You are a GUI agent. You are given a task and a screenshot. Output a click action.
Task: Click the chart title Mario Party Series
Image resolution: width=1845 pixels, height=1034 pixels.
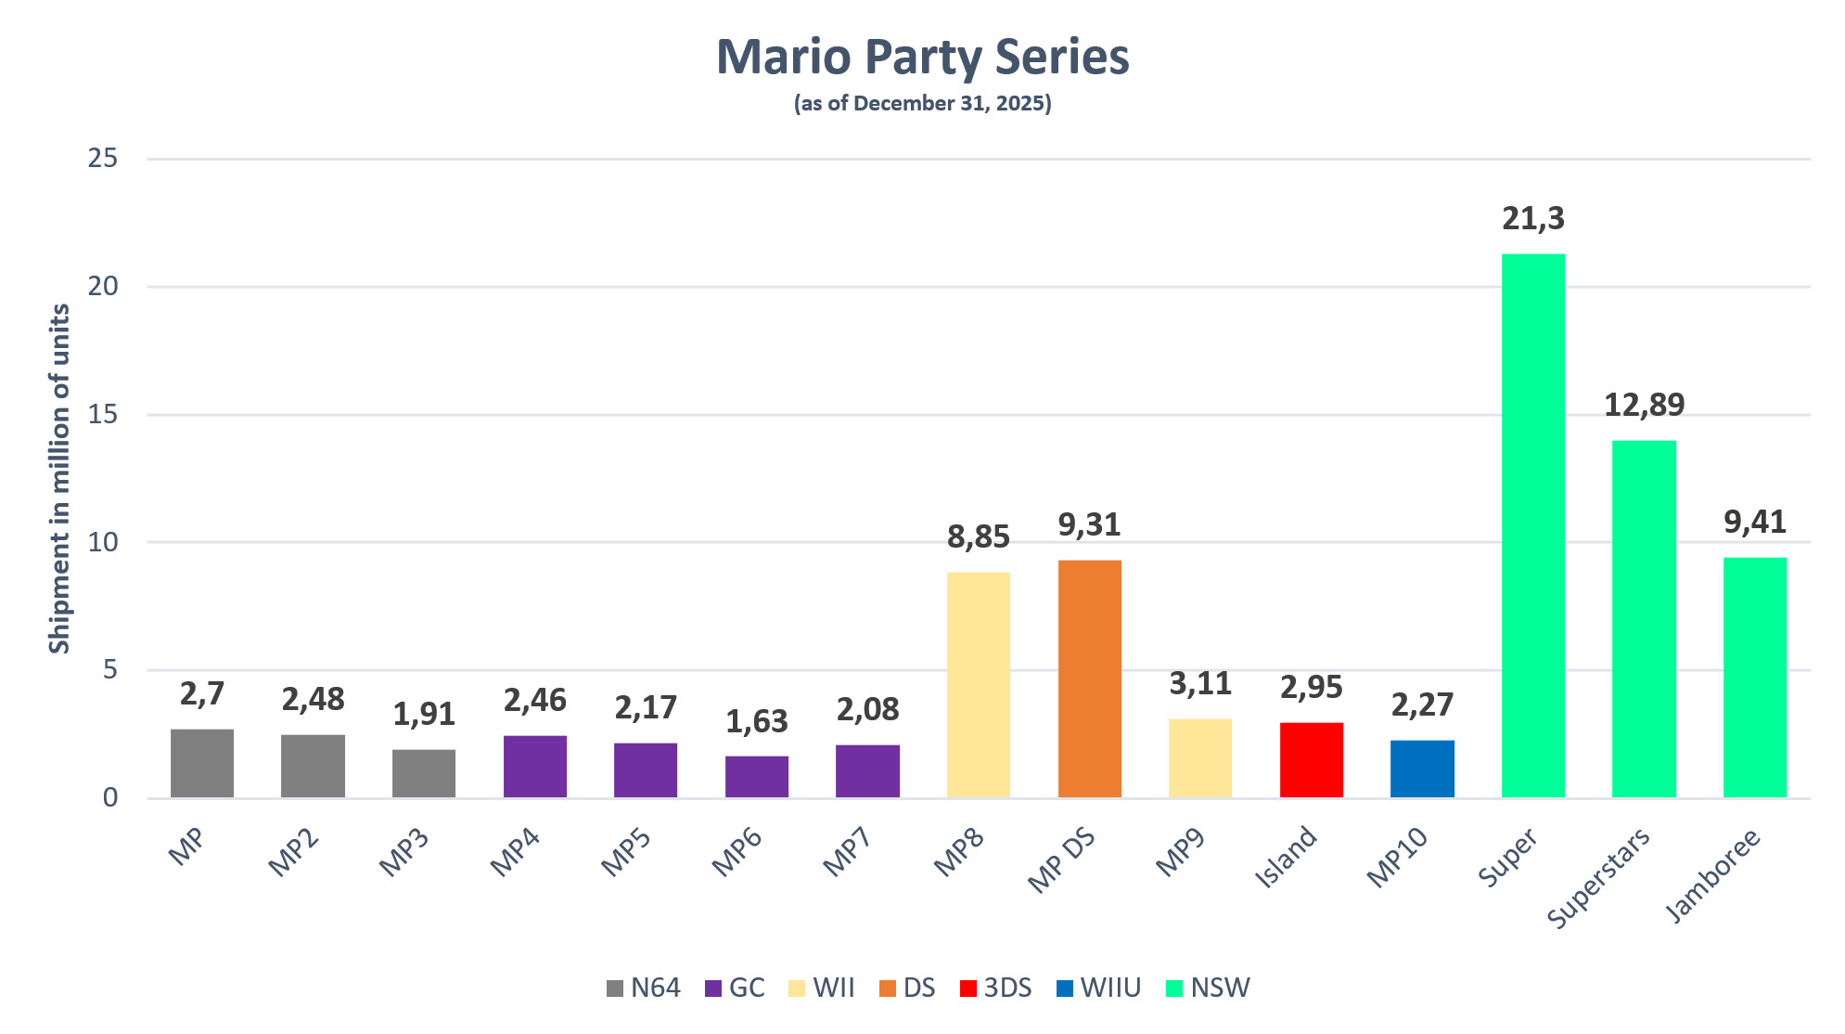pyautogui.click(x=922, y=58)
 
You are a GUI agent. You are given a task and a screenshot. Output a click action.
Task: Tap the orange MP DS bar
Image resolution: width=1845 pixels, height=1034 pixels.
pyautogui.click(x=1089, y=679)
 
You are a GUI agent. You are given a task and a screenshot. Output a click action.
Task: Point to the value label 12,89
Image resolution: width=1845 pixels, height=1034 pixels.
pyautogui.click(x=1644, y=406)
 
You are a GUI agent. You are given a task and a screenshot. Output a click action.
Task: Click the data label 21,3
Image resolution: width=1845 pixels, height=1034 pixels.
pyautogui.click(x=1532, y=219)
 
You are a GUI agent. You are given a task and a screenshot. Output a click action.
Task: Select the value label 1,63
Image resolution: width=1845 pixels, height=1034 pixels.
pyautogui.click(x=756, y=722)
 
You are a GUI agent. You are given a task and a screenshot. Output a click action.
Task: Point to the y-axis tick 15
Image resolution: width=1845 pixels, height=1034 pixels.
pyautogui.click(x=103, y=415)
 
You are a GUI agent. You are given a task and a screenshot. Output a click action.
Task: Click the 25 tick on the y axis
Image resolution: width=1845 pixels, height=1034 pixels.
pyautogui.click(x=103, y=159)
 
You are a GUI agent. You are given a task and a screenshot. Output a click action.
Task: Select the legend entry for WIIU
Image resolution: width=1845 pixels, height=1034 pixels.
pyautogui.click(x=1099, y=988)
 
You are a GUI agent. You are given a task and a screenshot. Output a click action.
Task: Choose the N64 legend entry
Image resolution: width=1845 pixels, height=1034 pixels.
pyautogui.click(x=644, y=988)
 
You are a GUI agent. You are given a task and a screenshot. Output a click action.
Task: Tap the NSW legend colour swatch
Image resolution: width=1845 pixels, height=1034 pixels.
pyautogui.click(x=1174, y=989)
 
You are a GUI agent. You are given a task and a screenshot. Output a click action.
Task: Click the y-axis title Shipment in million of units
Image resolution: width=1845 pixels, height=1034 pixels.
pyautogui.click(x=60, y=478)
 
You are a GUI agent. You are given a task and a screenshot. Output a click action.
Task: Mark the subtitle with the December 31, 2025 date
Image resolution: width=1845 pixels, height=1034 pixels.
pyautogui.click(x=922, y=103)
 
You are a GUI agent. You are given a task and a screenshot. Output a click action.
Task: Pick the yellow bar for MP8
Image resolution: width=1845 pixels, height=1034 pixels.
pyautogui.click(x=978, y=685)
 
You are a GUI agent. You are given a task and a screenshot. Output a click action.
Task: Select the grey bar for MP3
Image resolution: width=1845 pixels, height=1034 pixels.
pyautogui.click(x=424, y=773)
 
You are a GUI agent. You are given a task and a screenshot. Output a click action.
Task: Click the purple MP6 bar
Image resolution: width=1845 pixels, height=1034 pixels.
pyautogui.click(x=756, y=777)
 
